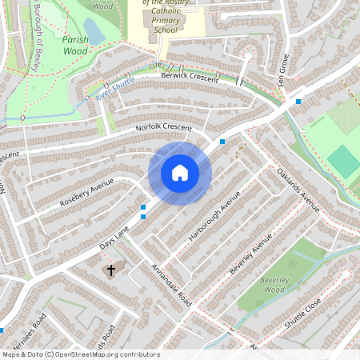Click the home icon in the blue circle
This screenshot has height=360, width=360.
point(180,172)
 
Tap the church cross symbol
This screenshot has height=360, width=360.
point(110,270)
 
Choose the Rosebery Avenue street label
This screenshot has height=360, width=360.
point(87,193)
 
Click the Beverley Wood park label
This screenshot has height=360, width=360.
point(273,285)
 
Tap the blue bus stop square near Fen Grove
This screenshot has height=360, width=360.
point(298,102)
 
